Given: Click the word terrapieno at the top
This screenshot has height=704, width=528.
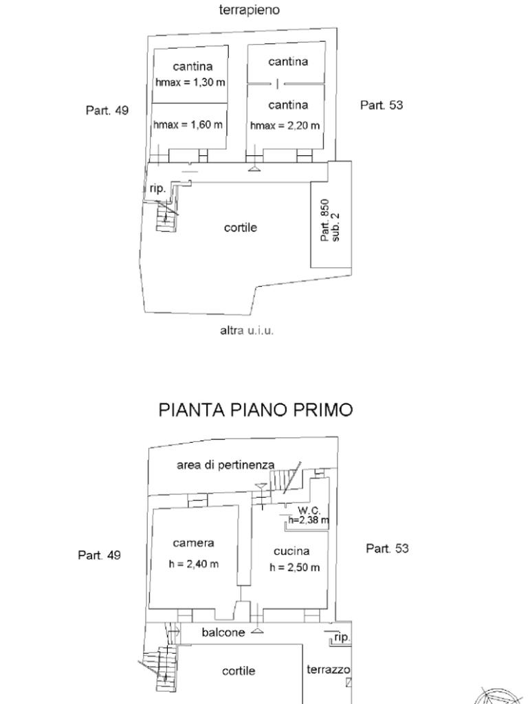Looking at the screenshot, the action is click(249, 10).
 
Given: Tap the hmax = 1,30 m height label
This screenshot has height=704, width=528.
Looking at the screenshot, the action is click(190, 82).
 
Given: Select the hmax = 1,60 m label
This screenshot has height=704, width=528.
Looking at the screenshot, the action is click(188, 124).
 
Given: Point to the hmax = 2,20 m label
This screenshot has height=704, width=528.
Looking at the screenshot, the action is click(285, 126).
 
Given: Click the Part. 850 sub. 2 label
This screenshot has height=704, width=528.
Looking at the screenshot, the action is click(330, 221).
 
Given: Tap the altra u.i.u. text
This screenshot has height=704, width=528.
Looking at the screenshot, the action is click(247, 331).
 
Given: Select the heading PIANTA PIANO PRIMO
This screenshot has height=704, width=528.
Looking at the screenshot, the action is click(256, 410).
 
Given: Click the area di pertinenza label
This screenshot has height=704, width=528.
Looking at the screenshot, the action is click(225, 465).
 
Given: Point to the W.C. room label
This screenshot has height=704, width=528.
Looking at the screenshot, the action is click(309, 511).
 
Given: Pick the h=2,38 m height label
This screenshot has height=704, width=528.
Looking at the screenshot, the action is click(309, 520).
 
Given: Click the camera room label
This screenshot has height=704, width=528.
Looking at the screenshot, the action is click(193, 543).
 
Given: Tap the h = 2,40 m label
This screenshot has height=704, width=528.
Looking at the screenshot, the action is click(193, 564).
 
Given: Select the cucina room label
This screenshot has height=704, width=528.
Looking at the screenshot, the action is click(291, 551).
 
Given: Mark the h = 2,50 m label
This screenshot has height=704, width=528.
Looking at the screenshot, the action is click(294, 567).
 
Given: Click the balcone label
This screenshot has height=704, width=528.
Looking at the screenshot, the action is click(223, 632).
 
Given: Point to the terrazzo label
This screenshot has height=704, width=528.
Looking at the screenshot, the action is click(328, 670).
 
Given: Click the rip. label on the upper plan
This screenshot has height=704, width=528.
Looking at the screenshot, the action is click(157, 189).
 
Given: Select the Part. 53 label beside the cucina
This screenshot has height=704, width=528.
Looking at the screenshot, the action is click(387, 548).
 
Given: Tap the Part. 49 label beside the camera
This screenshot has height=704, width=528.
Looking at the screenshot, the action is click(99, 555).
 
